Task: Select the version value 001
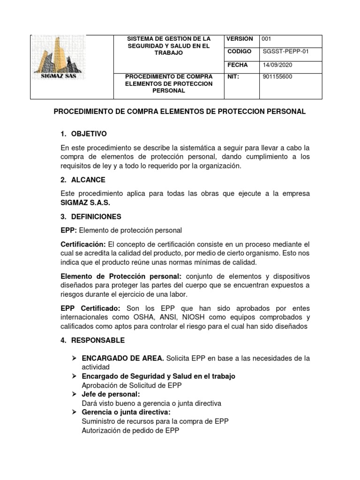tap(267, 39)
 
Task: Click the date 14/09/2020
tap(277, 66)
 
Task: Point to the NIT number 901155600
tap(277, 77)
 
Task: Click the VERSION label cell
tap(240, 39)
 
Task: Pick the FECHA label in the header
tap(237, 66)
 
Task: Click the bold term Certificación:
tap(83, 244)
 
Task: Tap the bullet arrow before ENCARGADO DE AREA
tap(74, 359)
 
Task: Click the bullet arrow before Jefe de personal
tap(74, 394)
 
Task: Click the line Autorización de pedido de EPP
tap(130, 430)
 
